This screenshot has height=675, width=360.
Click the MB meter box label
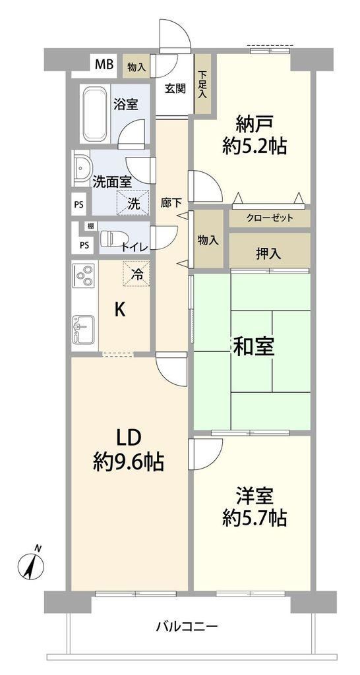point(104,65)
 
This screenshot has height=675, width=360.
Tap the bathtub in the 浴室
point(94,114)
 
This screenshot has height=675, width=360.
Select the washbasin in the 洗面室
point(82,168)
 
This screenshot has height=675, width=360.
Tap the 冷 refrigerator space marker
point(136,274)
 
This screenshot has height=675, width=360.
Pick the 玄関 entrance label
point(175,89)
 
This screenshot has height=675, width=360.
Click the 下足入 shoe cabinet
point(202,84)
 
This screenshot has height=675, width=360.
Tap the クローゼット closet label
point(270,218)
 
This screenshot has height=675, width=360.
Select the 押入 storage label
point(268,254)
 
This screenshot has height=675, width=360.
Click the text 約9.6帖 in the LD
point(129,463)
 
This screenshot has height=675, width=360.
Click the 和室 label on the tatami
point(253,348)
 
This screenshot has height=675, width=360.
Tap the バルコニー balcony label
point(187,626)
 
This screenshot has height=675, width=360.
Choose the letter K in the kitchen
point(120,310)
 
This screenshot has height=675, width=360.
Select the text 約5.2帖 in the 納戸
point(255,148)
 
